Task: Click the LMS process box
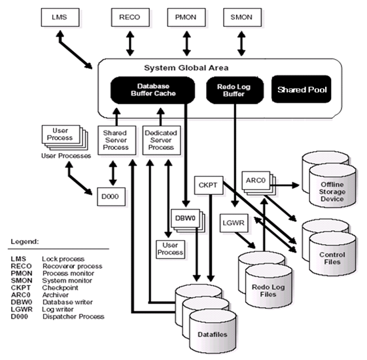click(60, 17)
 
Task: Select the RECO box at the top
click(130, 17)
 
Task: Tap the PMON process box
click(186, 17)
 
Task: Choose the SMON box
click(243, 17)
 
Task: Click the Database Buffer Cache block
click(152, 90)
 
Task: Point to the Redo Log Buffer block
click(235, 90)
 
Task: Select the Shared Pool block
click(302, 89)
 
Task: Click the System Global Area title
click(186, 68)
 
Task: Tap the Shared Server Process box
click(117, 140)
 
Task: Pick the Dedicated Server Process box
click(162, 140)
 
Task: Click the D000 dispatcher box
click(111, 197)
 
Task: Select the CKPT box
click(209, 185)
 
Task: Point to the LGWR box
click(234, 223)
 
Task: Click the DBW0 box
click(186, 219)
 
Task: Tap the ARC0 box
click(256, 181)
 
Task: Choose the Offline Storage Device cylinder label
click(332, 192)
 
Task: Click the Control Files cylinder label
click(332, 258)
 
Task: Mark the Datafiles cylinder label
click(213, 334)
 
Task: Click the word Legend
click(25, 242)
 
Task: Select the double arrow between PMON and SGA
click(186, 44)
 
